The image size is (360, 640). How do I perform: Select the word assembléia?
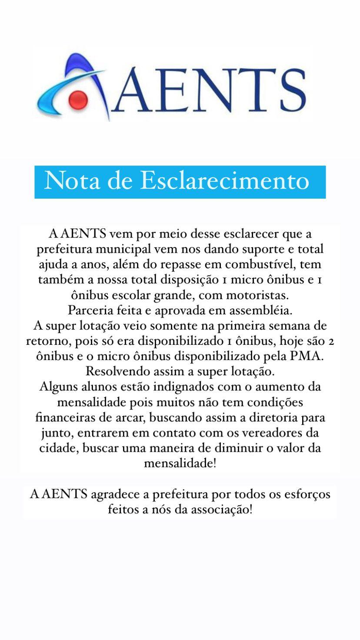tap(263, 310)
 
